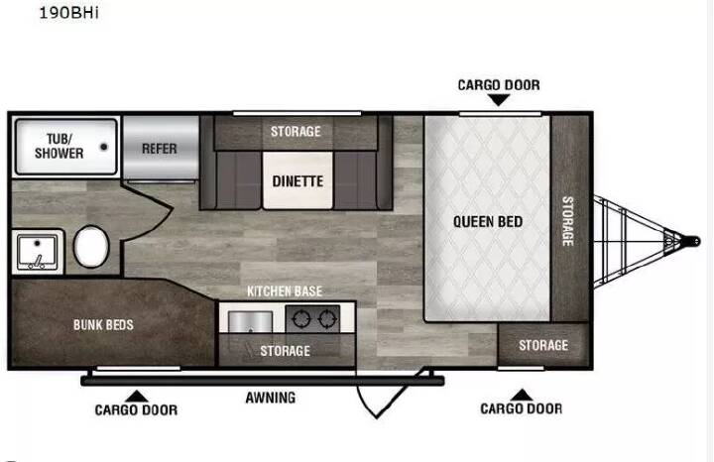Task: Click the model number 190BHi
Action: pyautogui.click(x=68, y=12)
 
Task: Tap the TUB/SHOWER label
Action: pyautogui.click(x=59, y=146)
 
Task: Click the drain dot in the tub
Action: pyautogui.click(x=104, y=147)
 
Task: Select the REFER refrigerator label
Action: pyautogui.click(x=159, y=149)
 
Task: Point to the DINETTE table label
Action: pyautogui.click(x=297, y=181)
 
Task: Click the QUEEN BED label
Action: pyautogui.click(x=488, y=222)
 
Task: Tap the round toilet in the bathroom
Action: pyautogui.click(x=91, y=247)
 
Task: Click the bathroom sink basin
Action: pyautogui.click(x=38, y=253)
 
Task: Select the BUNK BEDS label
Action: pyautogui.click(x=103, y=325)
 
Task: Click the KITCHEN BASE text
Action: pyautogui.click(x=285, y=291)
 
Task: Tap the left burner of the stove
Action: pyautogui.click(x=301, y=319)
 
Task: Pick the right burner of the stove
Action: pyautogui.click(x=327, y=319)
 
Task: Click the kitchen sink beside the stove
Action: pyautogui.click(x=250, y=322)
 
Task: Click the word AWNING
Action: pyautogui.click(x=271, y=398)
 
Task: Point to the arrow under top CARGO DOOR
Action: pyautogui.click(x=499, y=100)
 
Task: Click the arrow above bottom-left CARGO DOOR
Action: pyautogui.click(x=136, y=397)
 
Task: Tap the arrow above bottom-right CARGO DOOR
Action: pyautogui.click(x=522, y=395)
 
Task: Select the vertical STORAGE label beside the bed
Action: pyautogui.click(x=568, y=221)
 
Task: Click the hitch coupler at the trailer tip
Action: pyautogui.click(x=691, y=241)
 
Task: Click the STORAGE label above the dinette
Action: pyautogui.click(x=296, y=132)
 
